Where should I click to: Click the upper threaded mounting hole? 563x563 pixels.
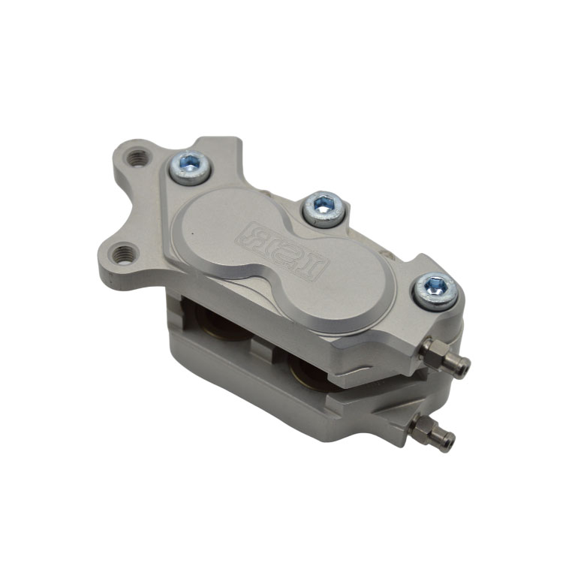pos(138,158)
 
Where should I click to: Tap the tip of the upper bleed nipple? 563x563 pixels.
pos(463,367)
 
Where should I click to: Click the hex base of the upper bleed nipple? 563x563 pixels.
pos(435,350)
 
